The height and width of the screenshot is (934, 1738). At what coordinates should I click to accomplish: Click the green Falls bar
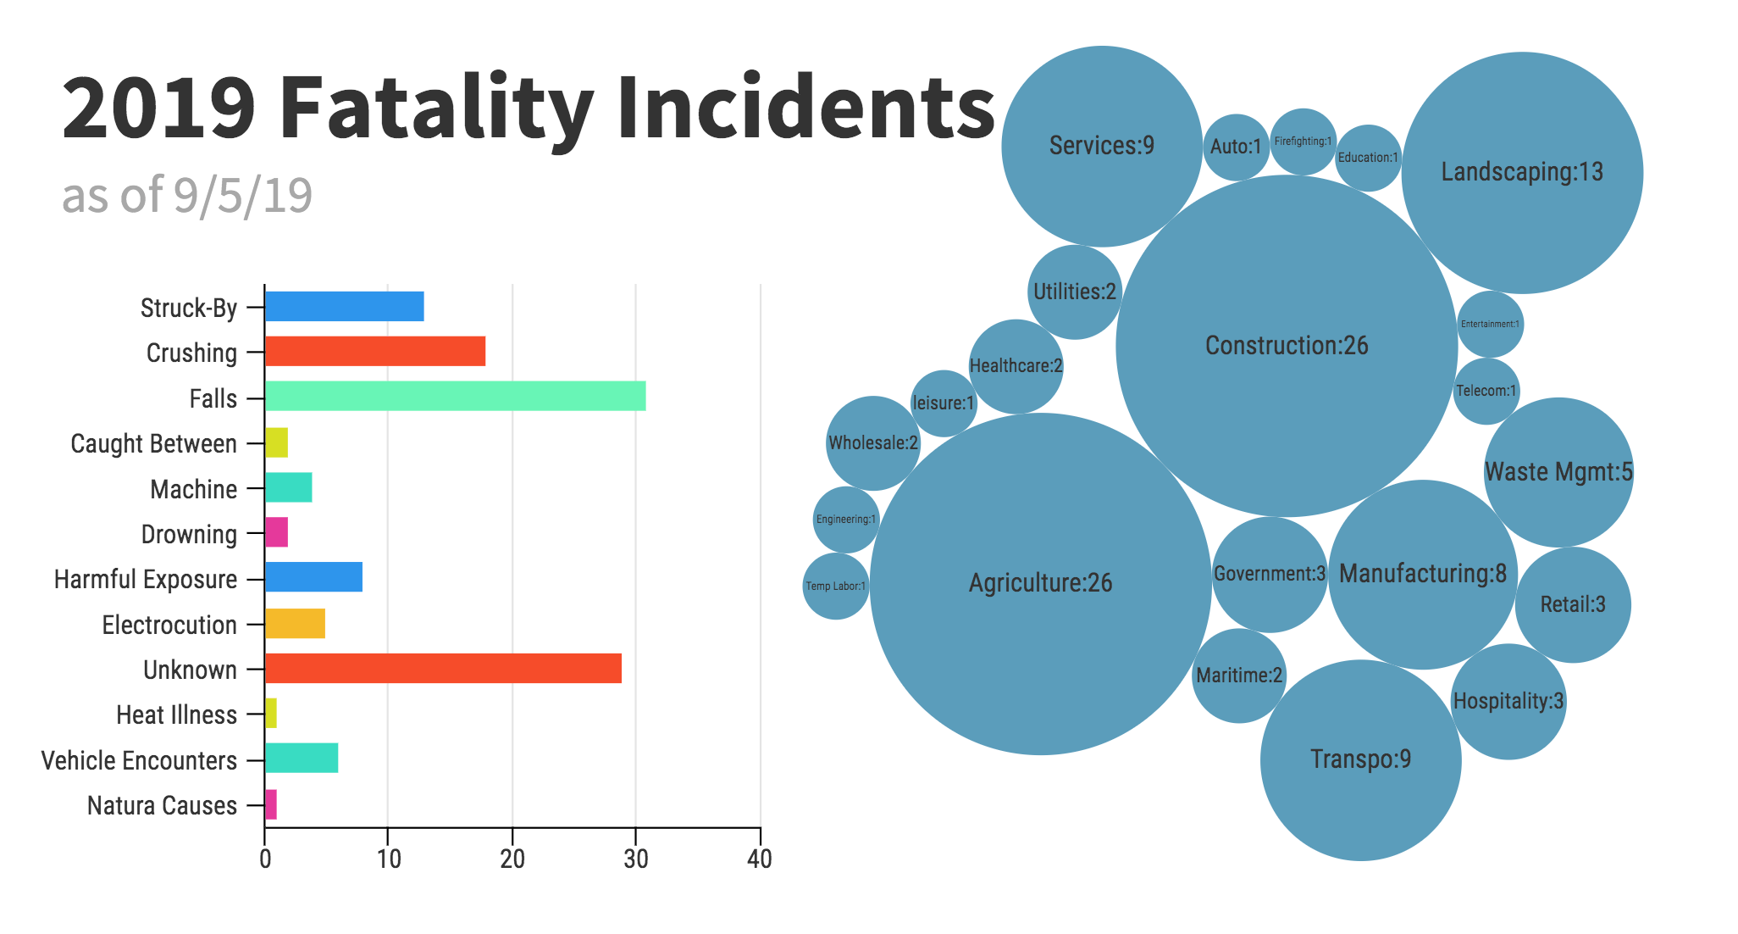[455, 397]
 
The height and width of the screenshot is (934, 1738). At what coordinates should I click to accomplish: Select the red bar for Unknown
[443, 669]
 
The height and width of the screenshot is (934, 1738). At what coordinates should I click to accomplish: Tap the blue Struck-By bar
[344, 307]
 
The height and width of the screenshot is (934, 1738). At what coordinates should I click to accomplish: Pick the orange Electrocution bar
[295, 624]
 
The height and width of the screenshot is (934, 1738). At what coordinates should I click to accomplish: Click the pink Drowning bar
[276, 533]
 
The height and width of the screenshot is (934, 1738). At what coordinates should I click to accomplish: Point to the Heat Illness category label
[176, 715]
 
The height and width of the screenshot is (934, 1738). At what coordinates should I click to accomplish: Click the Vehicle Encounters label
[139, 760]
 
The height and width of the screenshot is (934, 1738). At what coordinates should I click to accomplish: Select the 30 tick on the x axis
[636, 859]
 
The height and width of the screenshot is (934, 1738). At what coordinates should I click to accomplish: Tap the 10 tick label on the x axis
[389, 859]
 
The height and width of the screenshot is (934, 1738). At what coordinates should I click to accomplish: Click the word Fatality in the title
[436, 108]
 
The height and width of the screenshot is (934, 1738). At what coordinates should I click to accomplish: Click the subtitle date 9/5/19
[243, 196]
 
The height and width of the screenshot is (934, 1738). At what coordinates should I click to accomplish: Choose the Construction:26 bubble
[1286, 346]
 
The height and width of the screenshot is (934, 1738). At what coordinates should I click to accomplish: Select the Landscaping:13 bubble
[1522, 173]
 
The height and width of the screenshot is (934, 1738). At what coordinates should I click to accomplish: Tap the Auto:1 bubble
[1236, 147]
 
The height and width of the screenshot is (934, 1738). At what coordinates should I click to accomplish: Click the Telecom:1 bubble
[1486, 392]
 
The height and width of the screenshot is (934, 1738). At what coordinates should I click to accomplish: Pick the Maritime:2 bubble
[1238, 675]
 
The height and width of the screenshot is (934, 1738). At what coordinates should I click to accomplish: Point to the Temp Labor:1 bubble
[835, 587]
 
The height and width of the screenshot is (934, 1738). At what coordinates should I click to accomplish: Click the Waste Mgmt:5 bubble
[1558, 472]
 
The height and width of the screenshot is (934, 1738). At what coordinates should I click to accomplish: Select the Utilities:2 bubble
[1074, 292]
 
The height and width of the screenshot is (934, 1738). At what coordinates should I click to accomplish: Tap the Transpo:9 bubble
[1360, 759]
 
